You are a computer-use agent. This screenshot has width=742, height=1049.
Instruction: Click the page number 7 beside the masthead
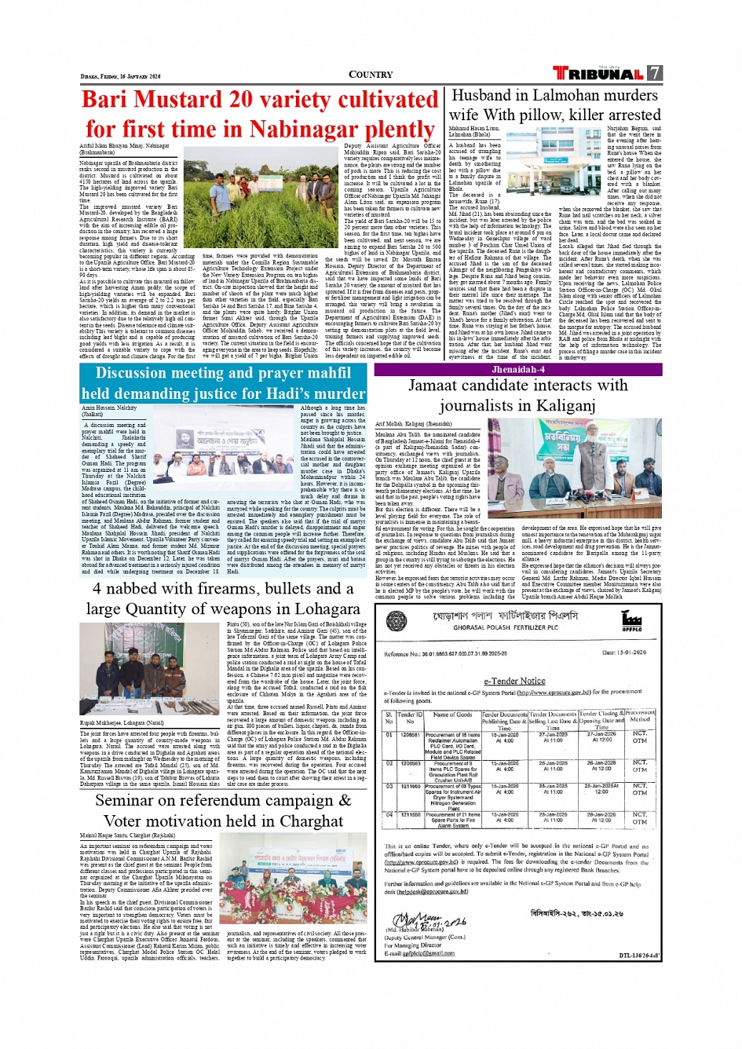(x=654, y=73)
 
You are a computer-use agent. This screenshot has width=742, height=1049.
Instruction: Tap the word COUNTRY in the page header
(x=371, y=75)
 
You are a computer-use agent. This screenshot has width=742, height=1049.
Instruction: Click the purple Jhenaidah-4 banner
(x=517, y=369)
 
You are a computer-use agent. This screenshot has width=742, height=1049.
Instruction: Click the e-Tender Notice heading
(x=514, y=681)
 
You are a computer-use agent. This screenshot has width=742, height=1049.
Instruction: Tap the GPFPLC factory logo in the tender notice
(x=631, y=622)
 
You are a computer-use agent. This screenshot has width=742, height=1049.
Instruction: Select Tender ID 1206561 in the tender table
(x=410, y=735)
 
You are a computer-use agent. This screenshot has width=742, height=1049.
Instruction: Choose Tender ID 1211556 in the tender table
(x=410, y=814)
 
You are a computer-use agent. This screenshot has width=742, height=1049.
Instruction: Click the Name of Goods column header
(x=452, y=715)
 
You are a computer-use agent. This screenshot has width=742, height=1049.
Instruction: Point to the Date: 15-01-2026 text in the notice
(x=623, y=652)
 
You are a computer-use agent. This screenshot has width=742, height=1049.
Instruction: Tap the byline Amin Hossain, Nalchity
(x=109, y=408)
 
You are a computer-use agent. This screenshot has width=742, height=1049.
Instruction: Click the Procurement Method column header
(x=640, y=715)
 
